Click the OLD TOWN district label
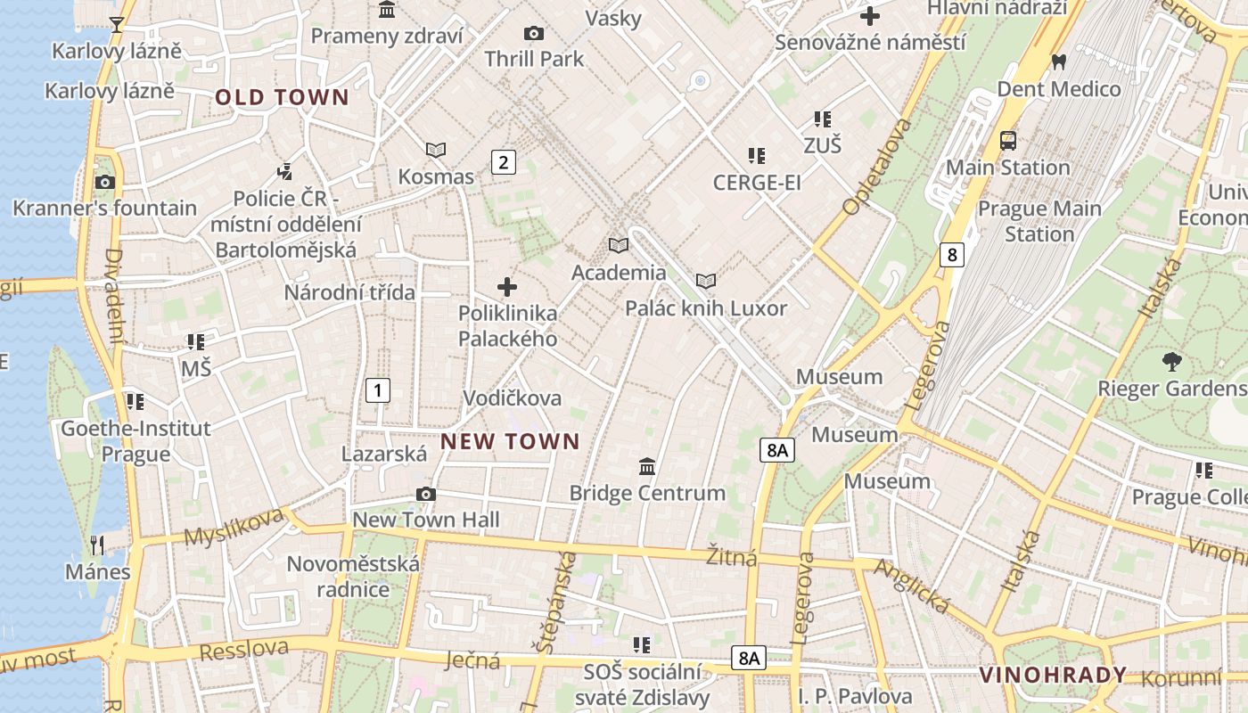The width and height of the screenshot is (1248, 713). [x=282, y=97]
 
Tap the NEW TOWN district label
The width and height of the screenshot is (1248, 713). [x=510, y=441]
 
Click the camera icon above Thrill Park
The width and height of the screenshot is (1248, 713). [x=534, y=34]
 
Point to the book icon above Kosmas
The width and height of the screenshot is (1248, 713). [x=436, y=150]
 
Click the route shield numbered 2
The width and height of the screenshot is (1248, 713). [x=504, y=162]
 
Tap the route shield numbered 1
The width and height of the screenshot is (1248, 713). [x=378, y=389]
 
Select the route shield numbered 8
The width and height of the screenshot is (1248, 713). [x=952, y=255]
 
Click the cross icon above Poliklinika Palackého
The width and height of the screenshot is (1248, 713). [x=507, y=287]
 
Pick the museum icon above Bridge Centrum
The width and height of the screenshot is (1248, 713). [x=647, y=466]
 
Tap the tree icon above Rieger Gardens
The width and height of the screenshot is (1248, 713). [x=1171, y=362]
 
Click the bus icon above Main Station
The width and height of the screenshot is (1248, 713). [x=1008, y=141]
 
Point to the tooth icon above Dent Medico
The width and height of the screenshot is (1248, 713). [x=1059, y=62]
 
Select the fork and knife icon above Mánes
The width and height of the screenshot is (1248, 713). [x=97, y=545]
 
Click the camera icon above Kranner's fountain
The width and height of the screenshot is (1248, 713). [x=104, y=182]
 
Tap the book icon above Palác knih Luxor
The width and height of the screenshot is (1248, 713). [x=706, y=282]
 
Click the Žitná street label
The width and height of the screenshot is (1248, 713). [x=732, y=556]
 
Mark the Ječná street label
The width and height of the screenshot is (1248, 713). [x=472, y=660]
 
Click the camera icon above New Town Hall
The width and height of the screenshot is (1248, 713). [x=426, y=494]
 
